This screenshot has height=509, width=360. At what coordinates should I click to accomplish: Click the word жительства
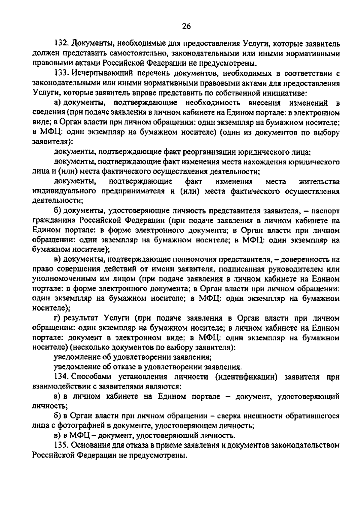coord(319,182)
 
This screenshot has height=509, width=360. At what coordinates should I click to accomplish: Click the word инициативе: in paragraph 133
coord(285,93)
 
